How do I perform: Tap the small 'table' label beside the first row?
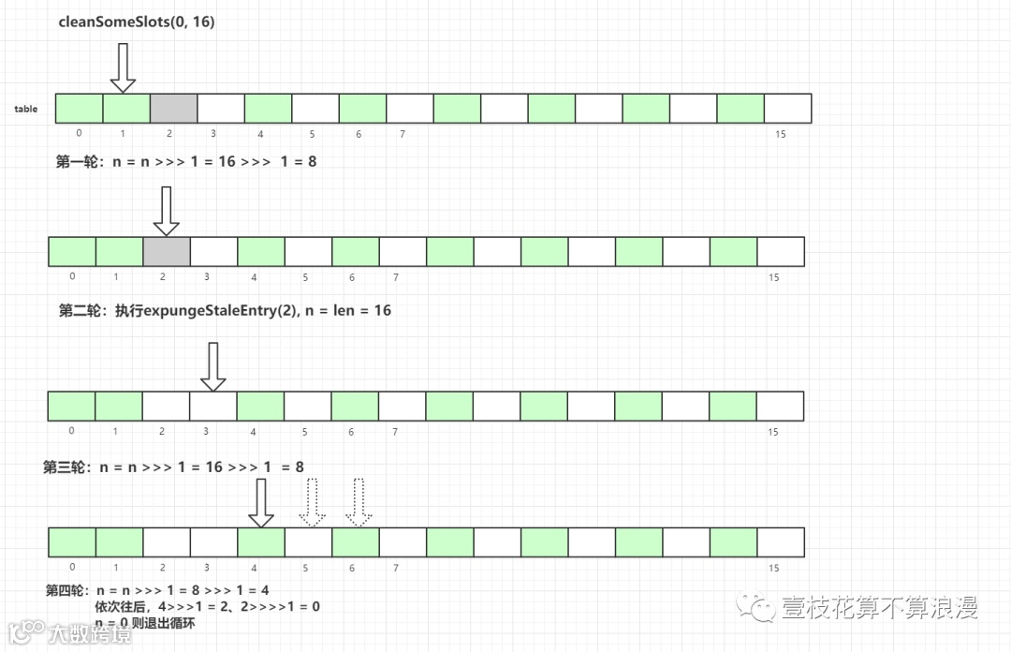(x=26, y=110)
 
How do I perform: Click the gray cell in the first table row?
(x=173, y=109)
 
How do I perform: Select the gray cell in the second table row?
(x=167, y=252)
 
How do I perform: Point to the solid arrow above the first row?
(x=124, y=68)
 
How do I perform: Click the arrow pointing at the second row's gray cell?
(x=166, y=211)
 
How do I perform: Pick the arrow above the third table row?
(x=213, y=366)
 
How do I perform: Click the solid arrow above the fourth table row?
(x=261, y=503)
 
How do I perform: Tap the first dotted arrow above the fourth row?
(x=311, y=503)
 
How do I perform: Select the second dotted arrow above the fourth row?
(x=359, y=503)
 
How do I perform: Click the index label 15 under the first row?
(x=781, y=135)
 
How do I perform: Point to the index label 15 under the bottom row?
(x=773, y=568)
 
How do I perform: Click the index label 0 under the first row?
(x=79, y=133)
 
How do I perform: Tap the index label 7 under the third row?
(x=395, y=432)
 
